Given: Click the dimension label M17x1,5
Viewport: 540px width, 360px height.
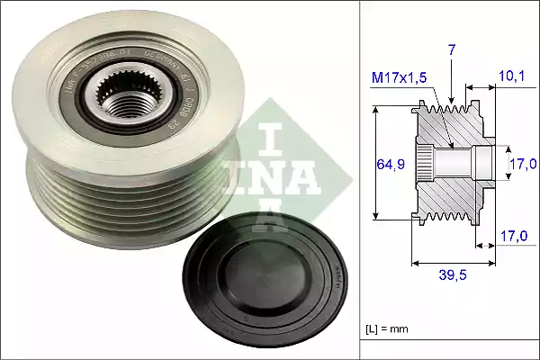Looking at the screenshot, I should (x=400, y=78).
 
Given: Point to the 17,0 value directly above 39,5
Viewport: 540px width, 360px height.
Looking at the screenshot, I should (x=514, y=238).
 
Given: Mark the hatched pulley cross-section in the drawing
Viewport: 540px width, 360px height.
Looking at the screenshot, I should (x=450, y=180).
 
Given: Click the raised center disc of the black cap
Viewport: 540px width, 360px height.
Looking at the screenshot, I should (x=262, y=279).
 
